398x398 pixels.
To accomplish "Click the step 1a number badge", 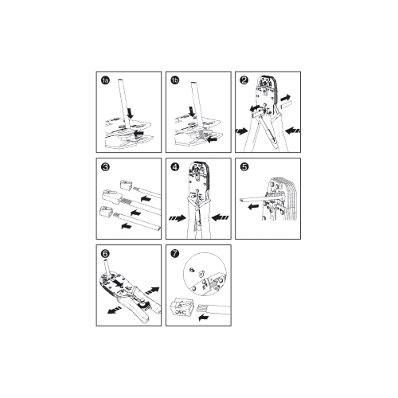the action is (x=105, y=80).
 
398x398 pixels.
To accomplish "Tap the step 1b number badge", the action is (x=175, y=80).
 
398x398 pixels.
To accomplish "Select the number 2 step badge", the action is (x=244, y=80).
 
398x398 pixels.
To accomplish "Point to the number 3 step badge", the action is (x=105, y=167).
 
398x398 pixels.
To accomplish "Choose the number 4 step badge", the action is (x=175, y=167).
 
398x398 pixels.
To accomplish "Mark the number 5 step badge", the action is (x=244, y=167).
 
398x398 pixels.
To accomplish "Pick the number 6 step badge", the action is (x=105, y=254).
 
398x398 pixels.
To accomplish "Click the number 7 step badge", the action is (x=175, y=254).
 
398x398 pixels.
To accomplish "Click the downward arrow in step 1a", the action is (x=130, y=113).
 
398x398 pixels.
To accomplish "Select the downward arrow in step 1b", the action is (x=192, y=111).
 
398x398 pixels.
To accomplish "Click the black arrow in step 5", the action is (x=253, y=206).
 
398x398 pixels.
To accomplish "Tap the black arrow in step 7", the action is (x=204, y=317).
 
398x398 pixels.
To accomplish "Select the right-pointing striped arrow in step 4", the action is (x=178, y=218).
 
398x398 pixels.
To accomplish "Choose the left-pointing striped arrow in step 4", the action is (x=220, y=217).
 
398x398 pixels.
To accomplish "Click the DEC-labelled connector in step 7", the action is (x=181, y=307).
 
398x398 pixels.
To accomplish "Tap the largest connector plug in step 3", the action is (x=111, y=197).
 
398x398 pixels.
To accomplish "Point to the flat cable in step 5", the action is (x=261, y=199).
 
